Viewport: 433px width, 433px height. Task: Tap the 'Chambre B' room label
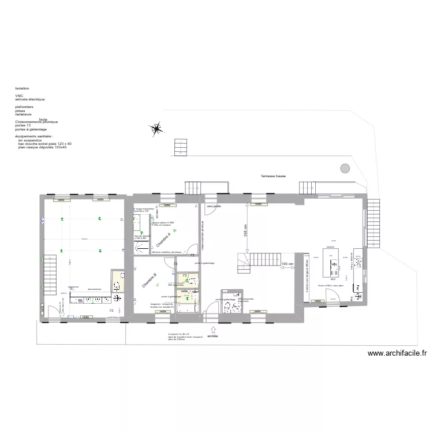150,281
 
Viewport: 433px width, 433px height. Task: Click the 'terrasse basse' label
273,176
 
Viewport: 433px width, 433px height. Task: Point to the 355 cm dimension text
245,230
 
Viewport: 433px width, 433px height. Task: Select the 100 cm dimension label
287,264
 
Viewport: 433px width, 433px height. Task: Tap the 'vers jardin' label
214,206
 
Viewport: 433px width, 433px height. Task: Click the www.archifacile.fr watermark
397,354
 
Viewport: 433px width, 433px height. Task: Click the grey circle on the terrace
345,168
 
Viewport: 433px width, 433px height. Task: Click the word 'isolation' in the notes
22,88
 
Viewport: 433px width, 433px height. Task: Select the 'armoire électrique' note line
29,99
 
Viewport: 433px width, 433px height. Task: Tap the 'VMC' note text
19,96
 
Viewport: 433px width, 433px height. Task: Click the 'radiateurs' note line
24,114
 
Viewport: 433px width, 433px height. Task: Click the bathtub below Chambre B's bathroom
188,309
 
